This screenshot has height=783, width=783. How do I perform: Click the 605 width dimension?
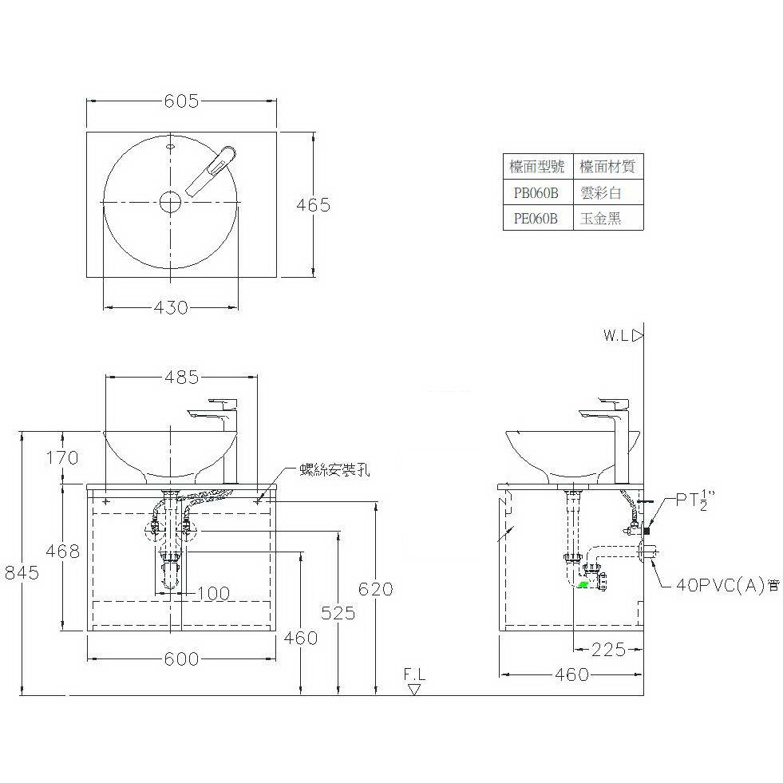(181, 101)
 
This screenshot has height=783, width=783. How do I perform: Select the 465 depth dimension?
(313, 205)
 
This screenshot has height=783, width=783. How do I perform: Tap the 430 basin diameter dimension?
(171, 307)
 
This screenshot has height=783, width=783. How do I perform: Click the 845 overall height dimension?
(22, 571)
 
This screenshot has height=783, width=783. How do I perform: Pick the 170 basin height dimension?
(62, 457)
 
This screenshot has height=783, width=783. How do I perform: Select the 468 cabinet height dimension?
(62, 551)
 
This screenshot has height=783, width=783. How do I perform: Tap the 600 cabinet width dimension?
(181, 659)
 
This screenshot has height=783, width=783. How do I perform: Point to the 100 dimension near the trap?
(214, 593)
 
